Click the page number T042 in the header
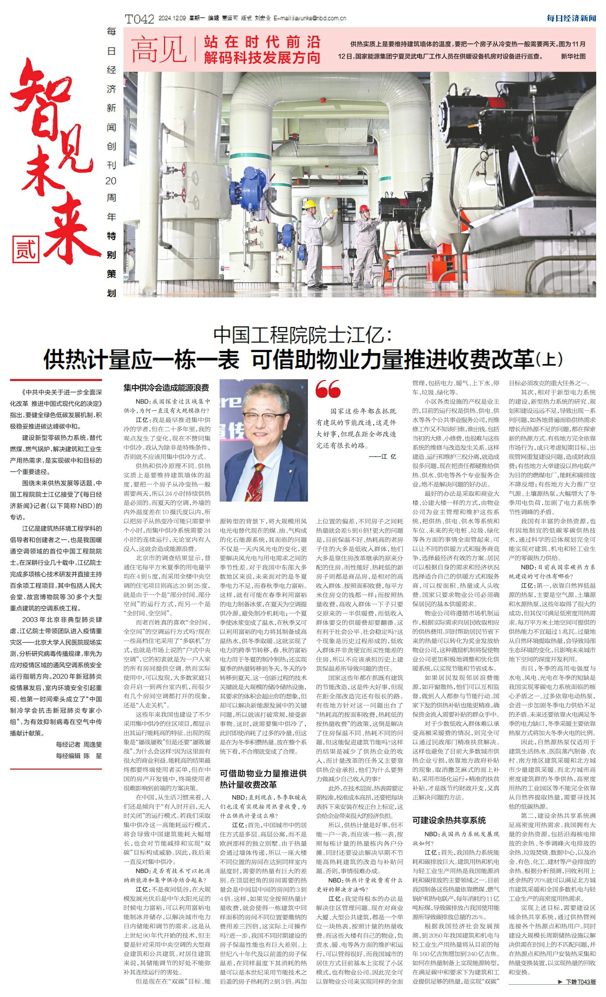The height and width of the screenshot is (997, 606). [139, 19]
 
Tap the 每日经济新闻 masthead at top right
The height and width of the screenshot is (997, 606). [571, 18]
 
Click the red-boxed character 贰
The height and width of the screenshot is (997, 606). [26, 249]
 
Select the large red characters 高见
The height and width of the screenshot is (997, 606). [159, 50]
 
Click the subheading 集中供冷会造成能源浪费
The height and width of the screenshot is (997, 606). [166, 388]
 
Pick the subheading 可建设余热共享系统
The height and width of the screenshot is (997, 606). [449, 820]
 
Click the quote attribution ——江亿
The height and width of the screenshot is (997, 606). [382, 457]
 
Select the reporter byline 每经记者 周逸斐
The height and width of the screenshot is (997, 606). [79, 744]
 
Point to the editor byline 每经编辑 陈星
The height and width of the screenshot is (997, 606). [79, 756]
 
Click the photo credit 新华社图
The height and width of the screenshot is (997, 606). [573, 56]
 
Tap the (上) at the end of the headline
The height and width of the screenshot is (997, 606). [549, 360]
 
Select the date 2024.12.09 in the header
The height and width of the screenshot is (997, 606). [172, 18]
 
